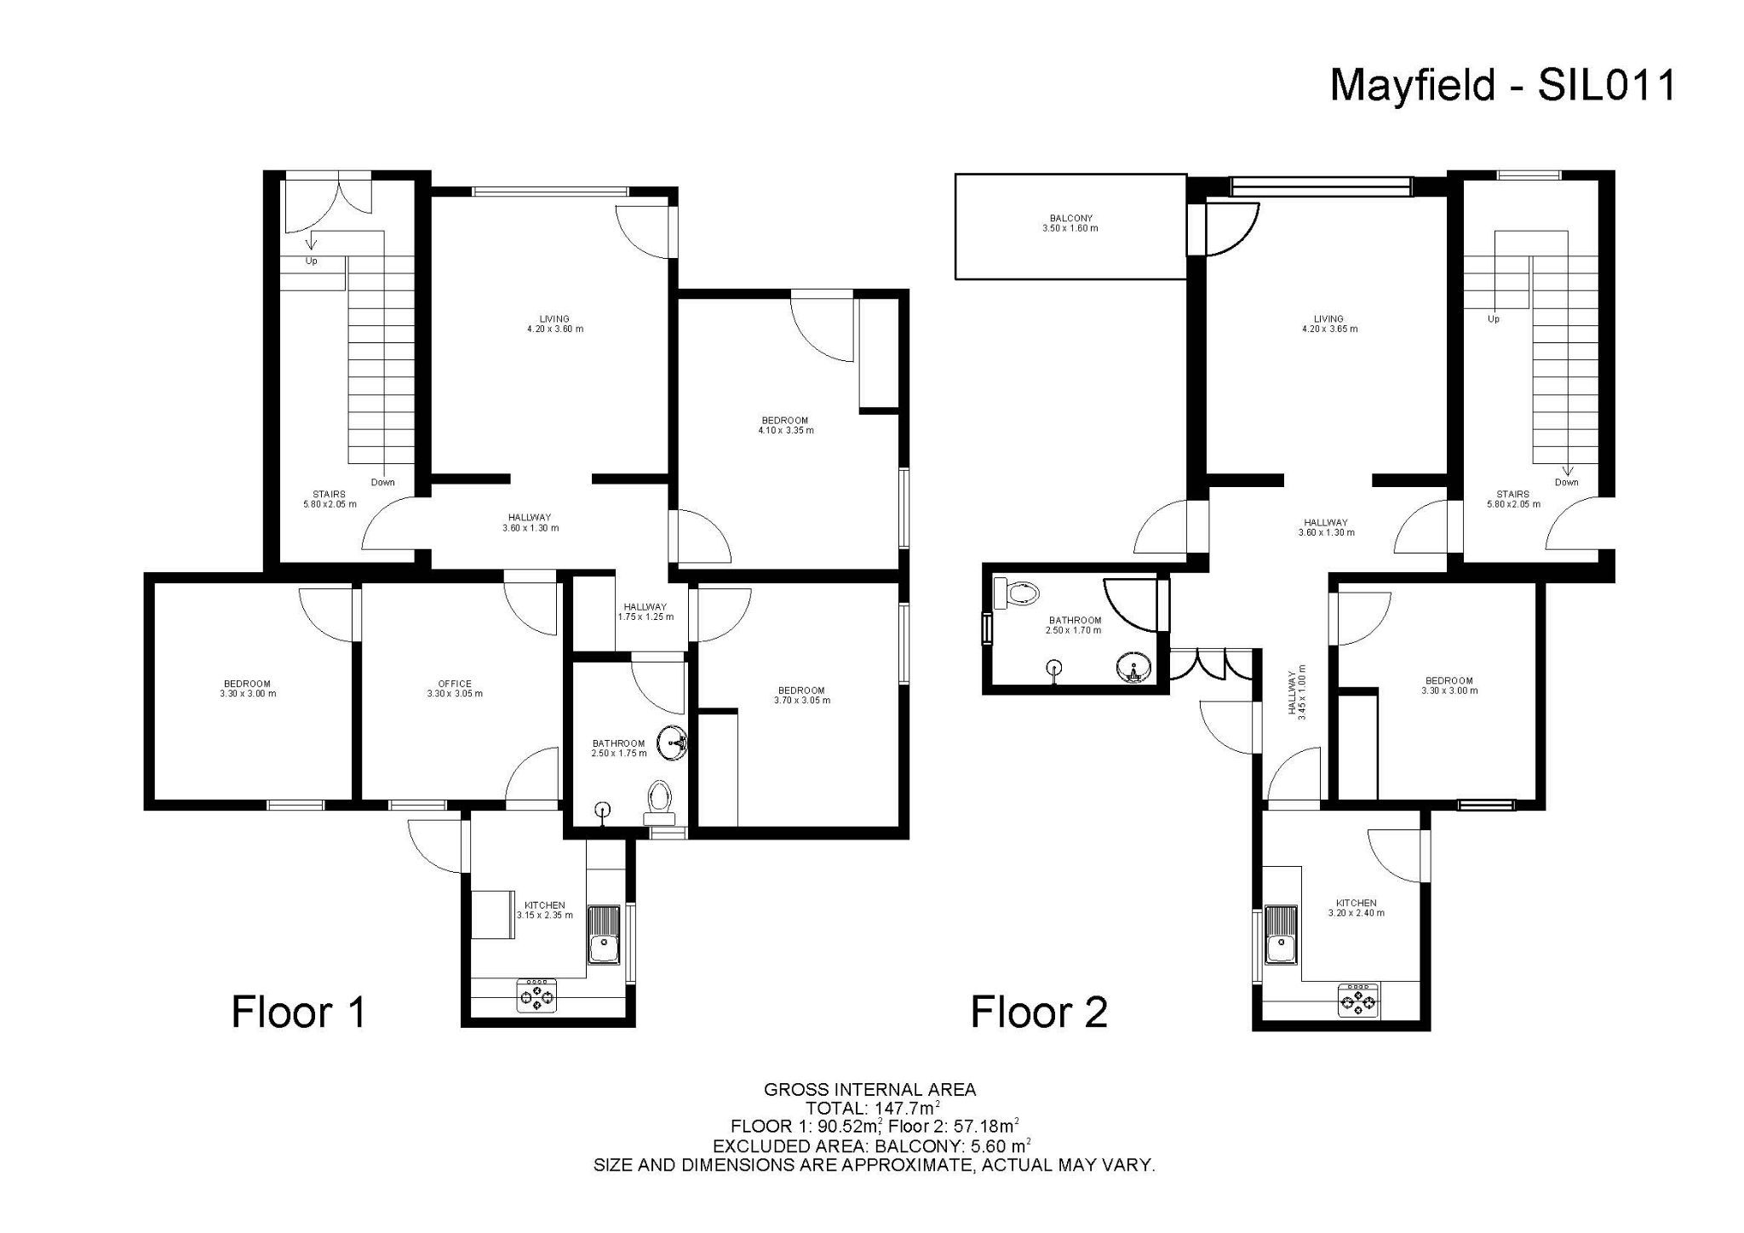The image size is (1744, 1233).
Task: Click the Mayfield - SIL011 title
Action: tap(1502, 85)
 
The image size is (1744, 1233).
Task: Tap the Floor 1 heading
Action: tap(299, 1012)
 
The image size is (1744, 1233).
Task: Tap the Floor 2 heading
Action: tap(1039, 1012)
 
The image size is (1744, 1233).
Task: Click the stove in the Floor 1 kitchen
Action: tap(537, 995)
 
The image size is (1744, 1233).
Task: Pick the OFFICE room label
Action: tap(455, 689)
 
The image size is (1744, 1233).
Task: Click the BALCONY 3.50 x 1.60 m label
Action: tap(1070, 223)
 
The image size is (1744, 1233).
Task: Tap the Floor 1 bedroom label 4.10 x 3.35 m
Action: tap(785, 425)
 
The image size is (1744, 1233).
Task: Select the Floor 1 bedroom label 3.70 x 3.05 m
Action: tap(801, 695)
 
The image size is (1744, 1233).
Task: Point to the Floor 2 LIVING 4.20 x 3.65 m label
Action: tap(1328, 324)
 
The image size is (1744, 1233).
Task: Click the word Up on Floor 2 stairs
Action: tap(1494, 319)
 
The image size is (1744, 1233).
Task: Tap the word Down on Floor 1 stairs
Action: tap(382, 482)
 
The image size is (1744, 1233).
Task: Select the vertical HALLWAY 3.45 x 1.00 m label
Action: tap(1296, 692)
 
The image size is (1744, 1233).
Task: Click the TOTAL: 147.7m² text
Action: tap(870, 1108)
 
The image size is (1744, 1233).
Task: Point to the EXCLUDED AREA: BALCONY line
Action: tap(870, 1145)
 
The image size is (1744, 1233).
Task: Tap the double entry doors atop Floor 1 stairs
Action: tap(328, 203)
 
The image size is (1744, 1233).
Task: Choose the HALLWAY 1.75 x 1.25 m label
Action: tap(645, 611)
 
